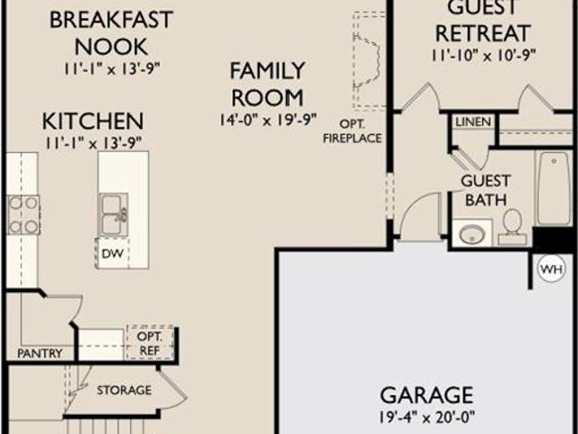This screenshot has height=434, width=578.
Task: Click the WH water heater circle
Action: click(552, 269)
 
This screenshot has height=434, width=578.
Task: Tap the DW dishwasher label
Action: click(112, 253)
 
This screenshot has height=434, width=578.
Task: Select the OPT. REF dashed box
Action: click(150, 343)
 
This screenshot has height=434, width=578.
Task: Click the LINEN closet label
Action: click(473, 122)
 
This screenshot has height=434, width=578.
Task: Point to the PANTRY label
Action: click(40, 354)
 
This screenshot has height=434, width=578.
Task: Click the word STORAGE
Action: click(125, 390)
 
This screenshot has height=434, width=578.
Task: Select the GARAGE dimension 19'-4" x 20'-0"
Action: click(427, 417)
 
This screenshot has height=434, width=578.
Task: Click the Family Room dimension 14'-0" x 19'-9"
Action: click(268, 120)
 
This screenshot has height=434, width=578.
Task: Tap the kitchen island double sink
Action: click(113, 215)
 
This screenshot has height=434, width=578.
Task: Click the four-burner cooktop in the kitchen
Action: click(23, 215)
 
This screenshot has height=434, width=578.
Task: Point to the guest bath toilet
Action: click(512, 227)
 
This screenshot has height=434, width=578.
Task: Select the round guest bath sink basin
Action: click(472, 233)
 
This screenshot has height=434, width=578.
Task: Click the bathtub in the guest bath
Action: click(553, 188)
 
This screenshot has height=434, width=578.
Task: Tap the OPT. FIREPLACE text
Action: click(352, 131)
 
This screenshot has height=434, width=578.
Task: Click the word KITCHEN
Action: click(93, 121)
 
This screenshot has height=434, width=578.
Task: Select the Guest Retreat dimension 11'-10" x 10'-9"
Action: click(483, 55)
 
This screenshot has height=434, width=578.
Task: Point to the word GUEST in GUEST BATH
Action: click(486, 181)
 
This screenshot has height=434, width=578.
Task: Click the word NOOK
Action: click(111, 46)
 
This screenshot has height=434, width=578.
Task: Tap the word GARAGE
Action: click(426, 395)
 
